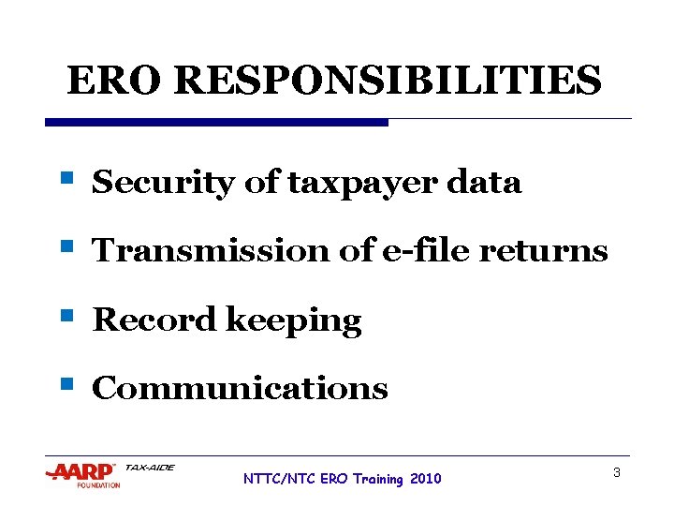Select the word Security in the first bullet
click(x=163, y=183)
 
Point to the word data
click(x=484, y=182)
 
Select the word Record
click(x=154, y=320)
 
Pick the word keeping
click(x=293, y=321)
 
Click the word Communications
click(x=240, y=389)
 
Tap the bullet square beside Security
click(x=66, y=177)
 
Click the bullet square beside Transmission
click(x=66, y=246)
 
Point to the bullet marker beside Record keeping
click(x=66, y=315)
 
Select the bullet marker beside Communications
click(x=66, y=383)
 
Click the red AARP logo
click(x=81, y=471)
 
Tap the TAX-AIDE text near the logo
click(x=150, y=468)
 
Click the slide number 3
click(x=617, y=473)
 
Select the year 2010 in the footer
click(x=424, y=479)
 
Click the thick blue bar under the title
click(x=216, y=122)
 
